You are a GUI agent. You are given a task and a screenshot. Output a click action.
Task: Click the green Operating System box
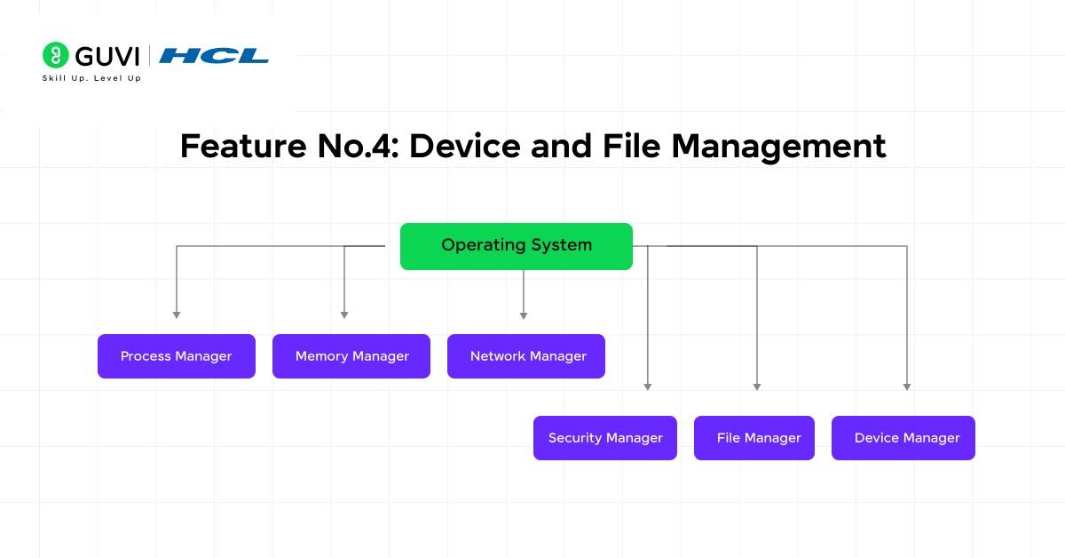pos(516,246)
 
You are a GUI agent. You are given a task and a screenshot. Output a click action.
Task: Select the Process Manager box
pos(177,356)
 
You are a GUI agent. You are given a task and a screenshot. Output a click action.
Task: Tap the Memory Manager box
pos(351,356)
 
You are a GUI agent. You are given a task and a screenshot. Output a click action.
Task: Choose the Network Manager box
pos(526,356)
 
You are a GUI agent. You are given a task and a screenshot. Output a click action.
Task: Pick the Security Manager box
pos(605,438)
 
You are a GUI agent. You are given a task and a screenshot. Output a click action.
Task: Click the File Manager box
pos(754,438)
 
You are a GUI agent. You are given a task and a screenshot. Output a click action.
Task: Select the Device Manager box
pos(903,438)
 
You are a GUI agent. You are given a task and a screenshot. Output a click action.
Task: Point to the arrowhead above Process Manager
pos(177,315)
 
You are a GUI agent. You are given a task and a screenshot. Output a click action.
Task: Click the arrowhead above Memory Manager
pos(344,315)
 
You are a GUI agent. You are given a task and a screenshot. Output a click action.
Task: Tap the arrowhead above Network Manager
pos(524,315)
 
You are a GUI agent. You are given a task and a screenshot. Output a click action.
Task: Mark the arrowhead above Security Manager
pos(648,387)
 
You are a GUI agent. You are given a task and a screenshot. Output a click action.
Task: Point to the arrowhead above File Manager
pos(757,387)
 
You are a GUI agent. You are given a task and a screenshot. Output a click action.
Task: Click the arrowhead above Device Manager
pos(907,387)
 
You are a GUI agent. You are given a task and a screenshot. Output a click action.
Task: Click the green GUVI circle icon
pos(56,55)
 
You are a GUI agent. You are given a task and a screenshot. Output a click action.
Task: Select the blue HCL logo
pos(214,56)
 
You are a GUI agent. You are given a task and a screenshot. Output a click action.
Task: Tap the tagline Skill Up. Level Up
pos(91,78)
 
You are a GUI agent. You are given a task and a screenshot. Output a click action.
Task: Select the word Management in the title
pos(778,146)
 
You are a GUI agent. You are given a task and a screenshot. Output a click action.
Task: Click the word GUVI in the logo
pos(107,56)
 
